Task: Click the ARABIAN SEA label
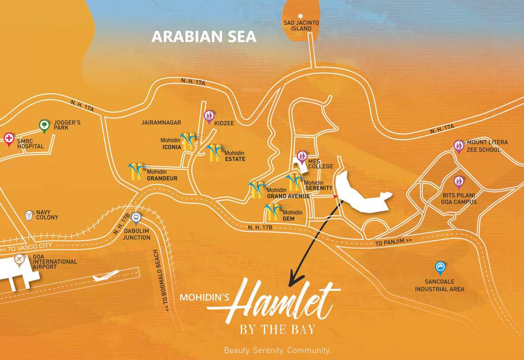point(204,37)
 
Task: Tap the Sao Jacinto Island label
point(301,25)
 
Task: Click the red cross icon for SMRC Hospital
point(8,139)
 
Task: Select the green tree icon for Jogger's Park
point(44,125)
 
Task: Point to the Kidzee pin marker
point(209,115)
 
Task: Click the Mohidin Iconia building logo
point(189,141)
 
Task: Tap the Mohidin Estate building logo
point(215,153)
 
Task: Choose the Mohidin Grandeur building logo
point(136,172)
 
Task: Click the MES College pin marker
point(302,156)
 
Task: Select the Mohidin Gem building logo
point(272,212)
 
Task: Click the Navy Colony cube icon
point(30,215)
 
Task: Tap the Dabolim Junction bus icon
point(136,217)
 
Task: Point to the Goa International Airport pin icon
point(19,259)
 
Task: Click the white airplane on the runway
point(105,276)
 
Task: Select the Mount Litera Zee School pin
point(458,146)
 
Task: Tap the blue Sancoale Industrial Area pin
point(440,267)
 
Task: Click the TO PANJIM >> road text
point(393,242)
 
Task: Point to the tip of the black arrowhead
point(290,285)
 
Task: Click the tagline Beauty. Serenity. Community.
point(277,350)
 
